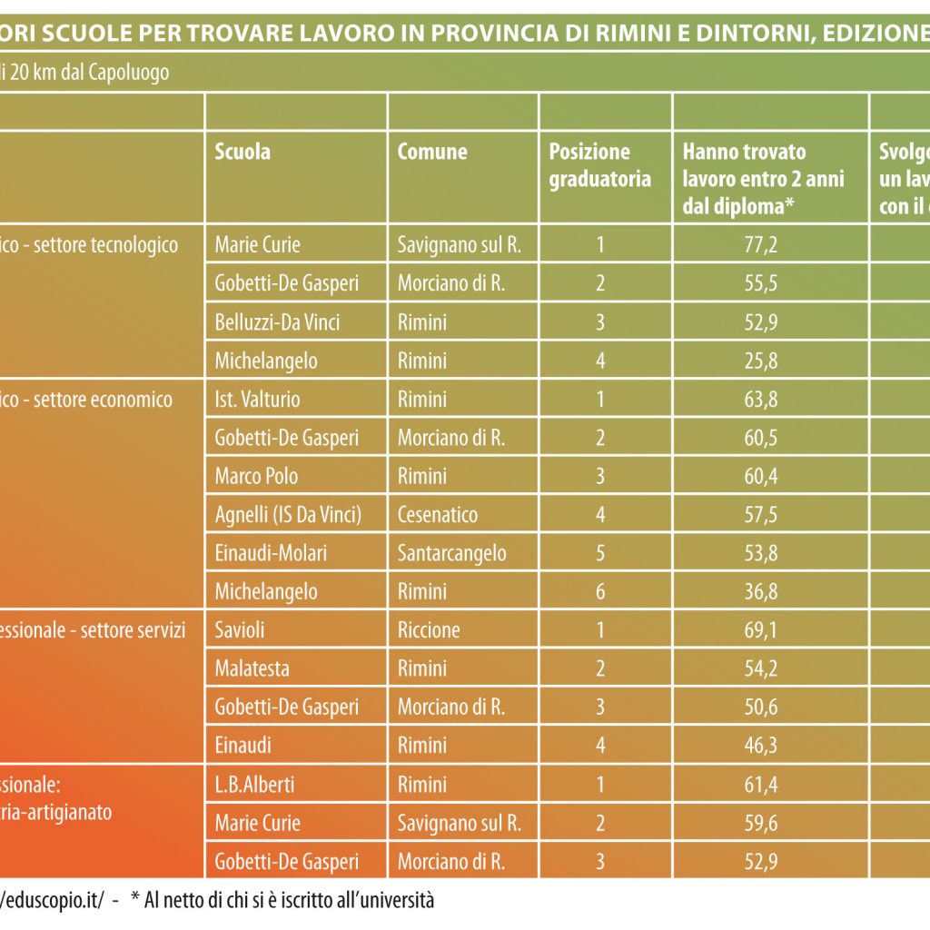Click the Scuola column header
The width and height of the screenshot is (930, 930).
242,152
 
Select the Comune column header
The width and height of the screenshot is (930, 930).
432,152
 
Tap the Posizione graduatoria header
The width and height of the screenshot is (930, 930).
599,165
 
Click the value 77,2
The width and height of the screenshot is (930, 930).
761,244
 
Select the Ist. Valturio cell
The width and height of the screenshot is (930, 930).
257,399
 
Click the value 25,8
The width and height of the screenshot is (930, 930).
761,361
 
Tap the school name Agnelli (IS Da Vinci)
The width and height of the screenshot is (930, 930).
288,515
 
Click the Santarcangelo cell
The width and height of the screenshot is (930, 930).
452,553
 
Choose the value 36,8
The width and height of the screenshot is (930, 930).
761,592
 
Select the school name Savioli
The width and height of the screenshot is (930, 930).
240,630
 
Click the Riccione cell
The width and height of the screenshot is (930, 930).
429,630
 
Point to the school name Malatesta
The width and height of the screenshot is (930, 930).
252,668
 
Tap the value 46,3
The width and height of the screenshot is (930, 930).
761,746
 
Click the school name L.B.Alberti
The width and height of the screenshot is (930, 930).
255,785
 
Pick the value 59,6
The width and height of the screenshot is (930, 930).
761,823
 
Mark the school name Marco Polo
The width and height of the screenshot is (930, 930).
256,476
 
